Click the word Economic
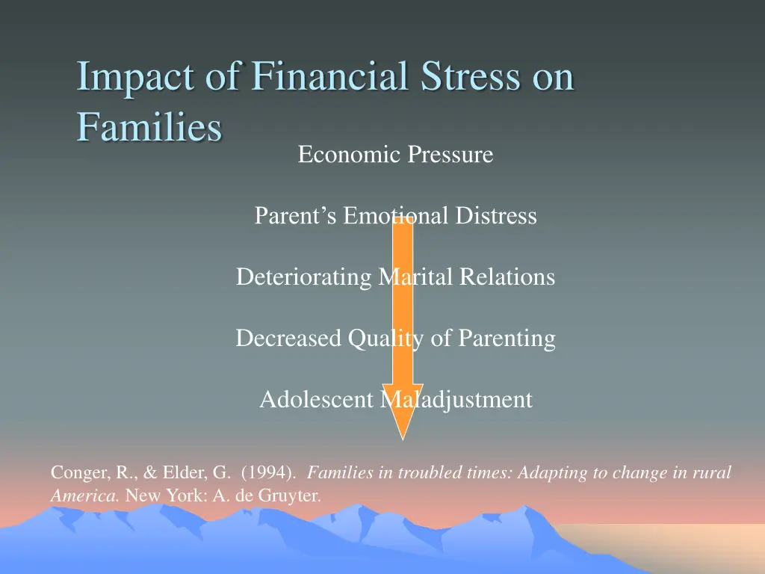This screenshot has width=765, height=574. pos(349,155)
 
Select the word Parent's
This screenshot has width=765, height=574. pos(296,216)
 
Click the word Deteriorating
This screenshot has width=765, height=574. pos(303,277)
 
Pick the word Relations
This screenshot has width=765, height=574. pos(507,277)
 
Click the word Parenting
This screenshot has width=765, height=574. pos(507,339)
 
